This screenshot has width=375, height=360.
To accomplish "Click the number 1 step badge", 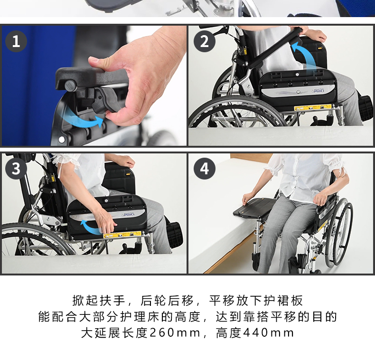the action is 16,41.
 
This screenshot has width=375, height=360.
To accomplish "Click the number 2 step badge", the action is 205,41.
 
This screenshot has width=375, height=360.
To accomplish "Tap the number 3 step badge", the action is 16,169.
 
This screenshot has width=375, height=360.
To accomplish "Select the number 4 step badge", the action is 205,169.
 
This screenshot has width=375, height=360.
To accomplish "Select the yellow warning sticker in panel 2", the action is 313,107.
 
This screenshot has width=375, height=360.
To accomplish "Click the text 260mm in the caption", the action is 175,333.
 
